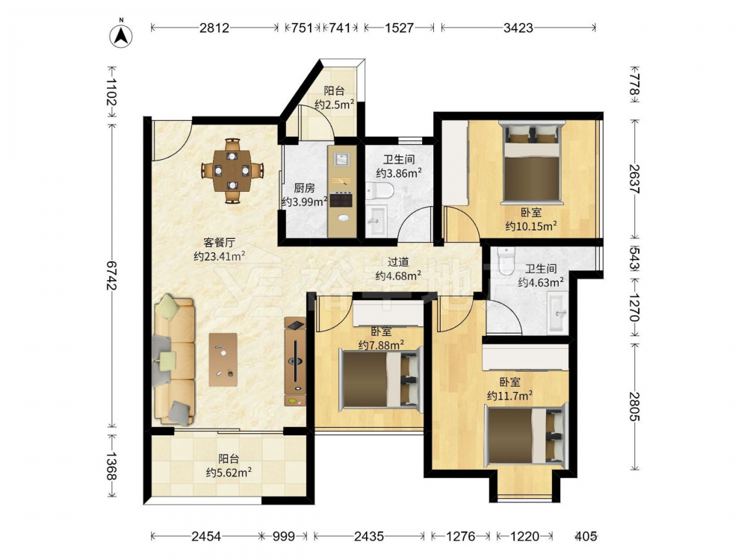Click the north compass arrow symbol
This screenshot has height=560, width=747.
(x=121, y=35)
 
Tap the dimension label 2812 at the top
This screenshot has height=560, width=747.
(x=214, y=28)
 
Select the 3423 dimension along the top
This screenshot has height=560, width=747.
(x=518, y=28)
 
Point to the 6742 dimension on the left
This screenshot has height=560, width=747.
(x=111, y=275)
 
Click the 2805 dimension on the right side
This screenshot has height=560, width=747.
(x=634, y=406)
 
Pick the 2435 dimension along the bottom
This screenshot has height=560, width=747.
(x=369, y=537)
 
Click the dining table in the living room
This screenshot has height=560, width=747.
(x=232, y=170)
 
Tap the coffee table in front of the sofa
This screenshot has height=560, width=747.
(x=223, y=360)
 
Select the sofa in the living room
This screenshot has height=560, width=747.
(x=174, y=360)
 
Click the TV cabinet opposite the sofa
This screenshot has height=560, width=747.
(x=295, y=362)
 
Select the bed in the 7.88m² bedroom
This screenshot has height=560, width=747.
(x=380, y=379)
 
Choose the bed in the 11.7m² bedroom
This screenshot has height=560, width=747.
(x=526, y=435)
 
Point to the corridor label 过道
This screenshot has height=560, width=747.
(x=398, y=262)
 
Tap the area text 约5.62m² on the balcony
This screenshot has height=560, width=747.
(x=229, y=473)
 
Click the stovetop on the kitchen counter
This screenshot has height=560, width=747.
(x=341, y=199)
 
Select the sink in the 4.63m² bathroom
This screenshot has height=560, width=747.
(x=557, y=312)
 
